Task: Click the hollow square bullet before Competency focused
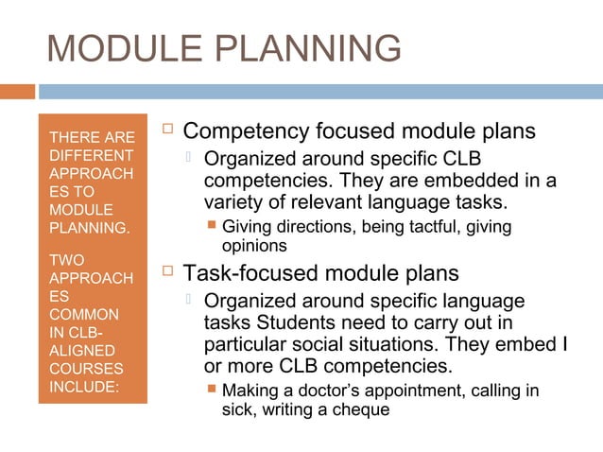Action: click(x=168, y=130)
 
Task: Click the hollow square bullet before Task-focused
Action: click(x=168, y=273)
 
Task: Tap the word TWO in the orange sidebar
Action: click(x=65, y=259)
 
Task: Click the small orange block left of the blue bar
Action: click(x=17, y=92)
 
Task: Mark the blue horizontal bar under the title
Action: click(x=321, y=92)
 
